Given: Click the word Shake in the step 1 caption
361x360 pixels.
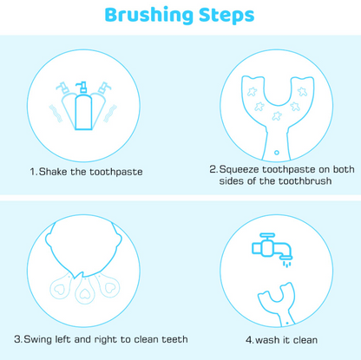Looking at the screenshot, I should pyautogui.click(x=55, y=172).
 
